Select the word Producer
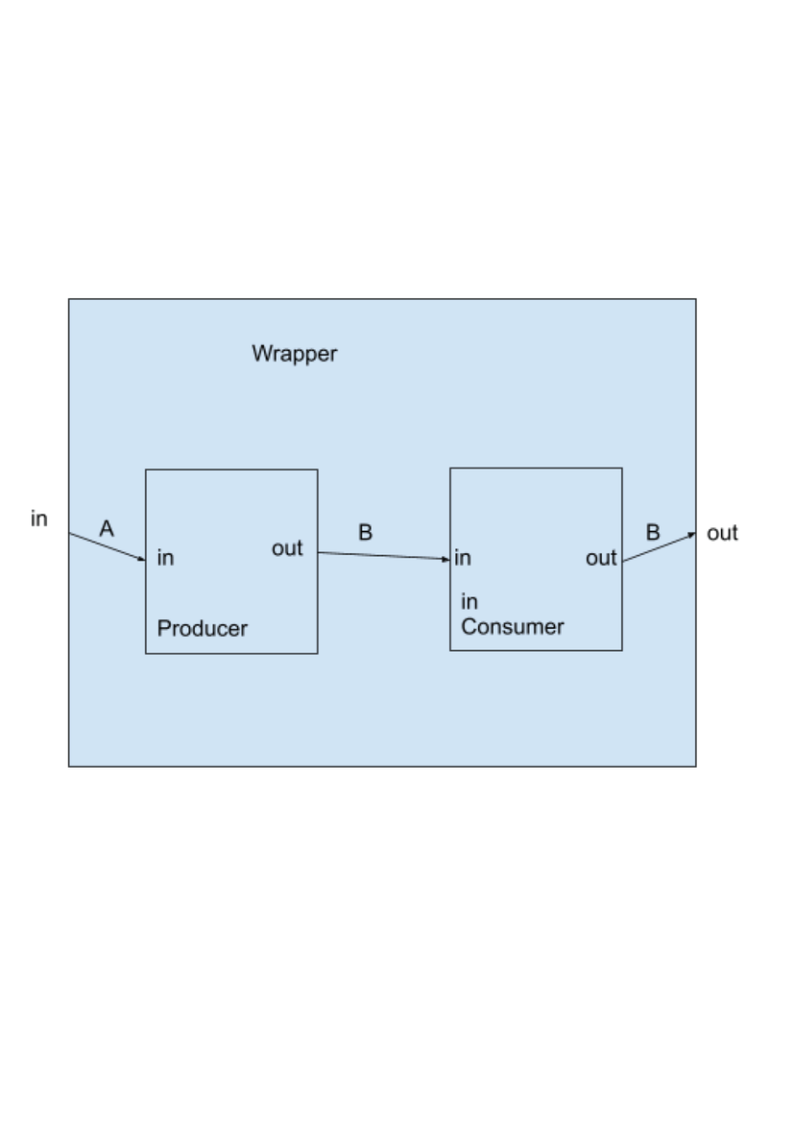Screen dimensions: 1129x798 [x=202, y=629]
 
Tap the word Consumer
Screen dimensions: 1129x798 [x=512, y=627]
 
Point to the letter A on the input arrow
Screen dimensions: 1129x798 [x=107, y=528]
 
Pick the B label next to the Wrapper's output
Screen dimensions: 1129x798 [x=653, y=532]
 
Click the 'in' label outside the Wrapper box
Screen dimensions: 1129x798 [x=39, y=519]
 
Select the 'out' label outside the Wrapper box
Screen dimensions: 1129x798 [x=722, y=533]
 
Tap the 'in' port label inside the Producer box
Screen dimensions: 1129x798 [x=165, y=558]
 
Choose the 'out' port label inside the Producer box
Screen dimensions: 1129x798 [x=287, y=548]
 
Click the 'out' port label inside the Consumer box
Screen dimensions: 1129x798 [x=601, y=558]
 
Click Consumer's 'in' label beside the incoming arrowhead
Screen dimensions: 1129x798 [x=463, y=558]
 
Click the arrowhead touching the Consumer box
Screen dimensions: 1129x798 [x=446, y=559]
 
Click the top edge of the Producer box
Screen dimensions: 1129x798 [x=232, y=470]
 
